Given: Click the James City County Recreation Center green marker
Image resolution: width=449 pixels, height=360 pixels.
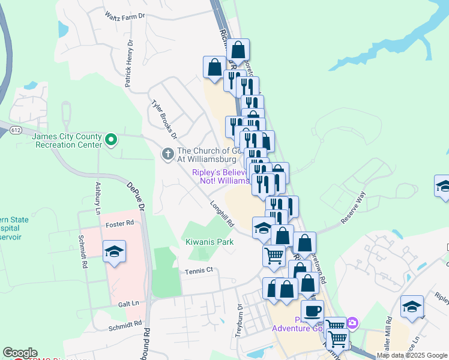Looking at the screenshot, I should coord(110,140).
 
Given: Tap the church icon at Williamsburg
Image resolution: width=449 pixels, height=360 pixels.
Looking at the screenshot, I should coord(167,155).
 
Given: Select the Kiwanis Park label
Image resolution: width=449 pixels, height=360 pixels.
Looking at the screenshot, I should coord(209,242).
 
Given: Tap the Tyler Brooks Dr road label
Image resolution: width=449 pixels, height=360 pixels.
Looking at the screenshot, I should coord(164,119).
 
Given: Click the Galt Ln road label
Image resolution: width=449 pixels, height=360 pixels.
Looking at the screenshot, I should coord(129,304).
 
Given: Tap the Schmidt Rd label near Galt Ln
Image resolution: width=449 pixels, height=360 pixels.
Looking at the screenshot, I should coord(125,326).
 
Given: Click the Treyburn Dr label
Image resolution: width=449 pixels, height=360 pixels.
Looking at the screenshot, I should coord(240,315).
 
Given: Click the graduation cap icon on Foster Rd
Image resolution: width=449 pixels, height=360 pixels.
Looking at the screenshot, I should coord(115,252).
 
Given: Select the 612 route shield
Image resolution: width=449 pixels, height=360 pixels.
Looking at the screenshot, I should coord(16,130).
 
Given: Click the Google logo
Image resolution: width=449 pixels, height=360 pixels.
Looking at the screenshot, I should coord(20,353).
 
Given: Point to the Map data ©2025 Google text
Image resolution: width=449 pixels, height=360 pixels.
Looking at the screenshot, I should coord(412,355).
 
